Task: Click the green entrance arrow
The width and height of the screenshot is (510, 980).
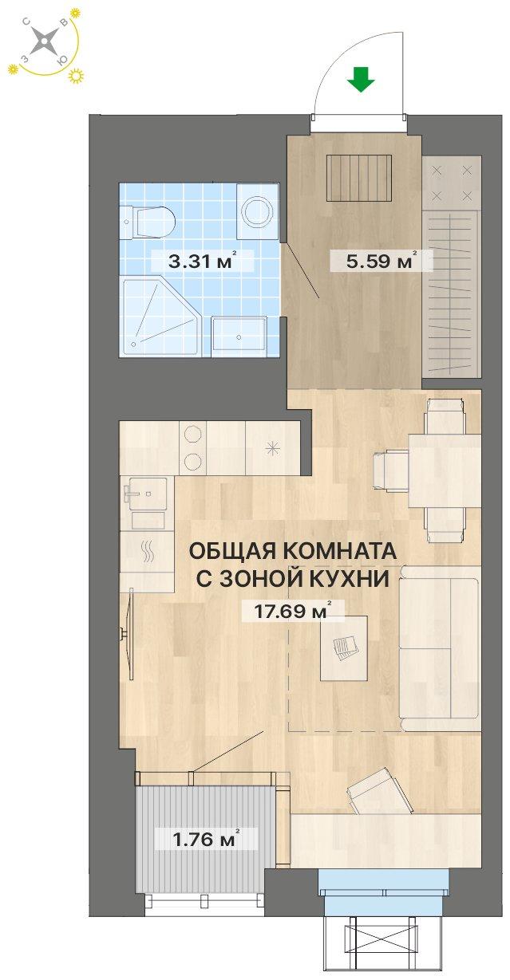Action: (362, 80)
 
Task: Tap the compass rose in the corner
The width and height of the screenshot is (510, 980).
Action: (47, 42)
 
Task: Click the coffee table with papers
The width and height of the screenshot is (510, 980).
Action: (344, 647)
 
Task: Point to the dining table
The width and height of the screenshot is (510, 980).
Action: (443, 470)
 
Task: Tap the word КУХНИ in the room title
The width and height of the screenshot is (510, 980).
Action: (353, 580)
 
